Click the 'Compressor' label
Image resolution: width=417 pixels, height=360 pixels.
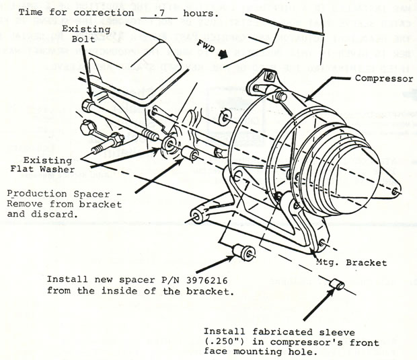tap(383, 79)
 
